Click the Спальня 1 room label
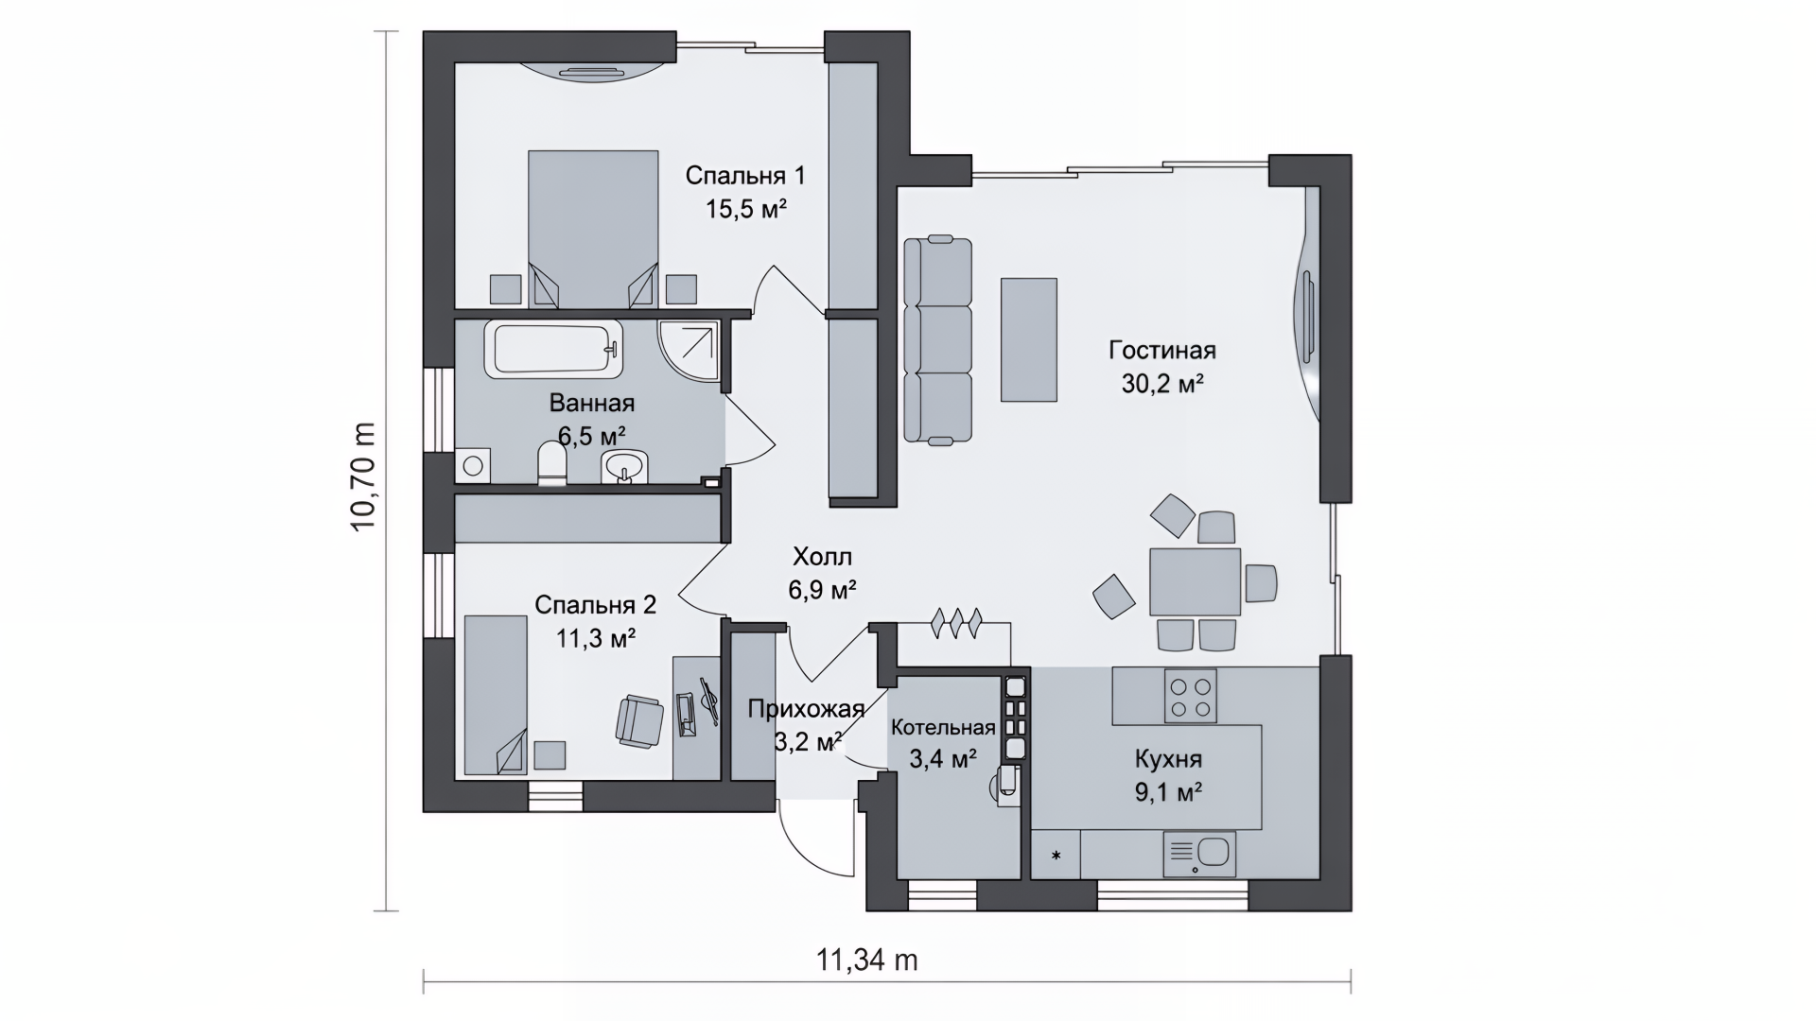(x=745, y=176)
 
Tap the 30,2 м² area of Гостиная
(x=1162, y=384)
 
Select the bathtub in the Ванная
(x=554, y=348)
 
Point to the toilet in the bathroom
(x=551, y=464)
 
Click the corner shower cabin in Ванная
(x=690, y=349)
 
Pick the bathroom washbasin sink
(x=624, y=466)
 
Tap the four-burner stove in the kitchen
(x=1191, y=696)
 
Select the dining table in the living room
(x=1195, y=581)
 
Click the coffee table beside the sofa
(x=1029, y=339)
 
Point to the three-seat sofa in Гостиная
(x=937, y=339)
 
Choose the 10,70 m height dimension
(x=363, y=476)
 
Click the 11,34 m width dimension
(x=866, y=960)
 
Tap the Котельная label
(x=943, y=727)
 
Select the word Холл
(x=822, y=556)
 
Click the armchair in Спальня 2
(x=639, y=720)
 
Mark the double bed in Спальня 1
(x=593, y=228)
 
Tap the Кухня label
(x=1168, y=759)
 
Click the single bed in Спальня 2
(x=496, y=695)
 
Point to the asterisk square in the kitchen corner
(x=1056, y=856)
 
